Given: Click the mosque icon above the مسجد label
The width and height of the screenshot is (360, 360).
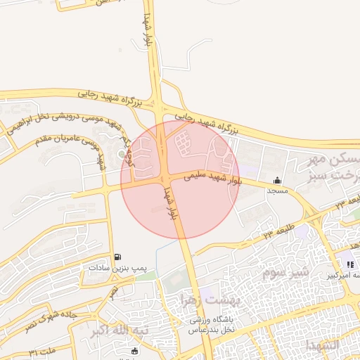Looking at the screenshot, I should click(x=277, y=180).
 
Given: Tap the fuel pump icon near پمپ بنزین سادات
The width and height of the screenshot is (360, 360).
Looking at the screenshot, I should click(x=117, y=257).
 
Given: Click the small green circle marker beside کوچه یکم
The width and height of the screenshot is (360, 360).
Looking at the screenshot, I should click(x=122, y=153).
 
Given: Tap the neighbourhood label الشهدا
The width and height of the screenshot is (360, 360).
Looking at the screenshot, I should click(x=322, y=347).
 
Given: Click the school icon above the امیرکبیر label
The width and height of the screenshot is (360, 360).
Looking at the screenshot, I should click(x=350, y=264).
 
